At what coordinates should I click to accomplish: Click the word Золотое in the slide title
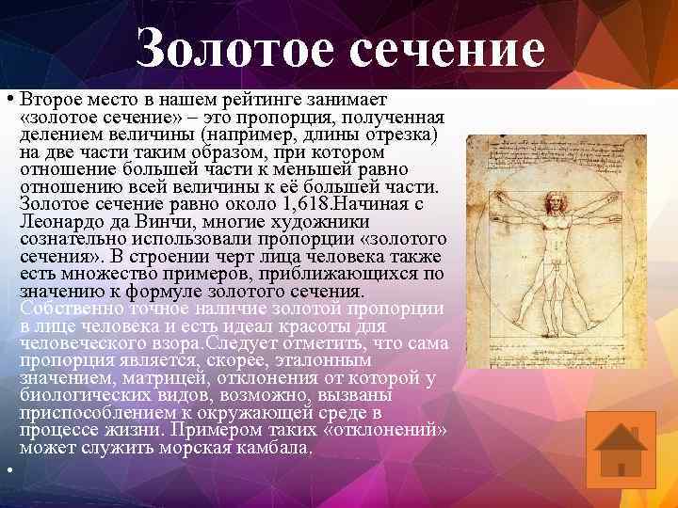pyautogui.click(x=234, y=49)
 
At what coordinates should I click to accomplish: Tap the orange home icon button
pyautogui.click(x=620, y=449)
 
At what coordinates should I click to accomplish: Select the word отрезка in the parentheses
pyautogui.click(x=402, y=135)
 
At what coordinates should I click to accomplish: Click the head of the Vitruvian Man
pyautogui.click(x=556, y=199)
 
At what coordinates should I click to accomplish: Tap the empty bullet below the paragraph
pyautogui.click(x=8, y=468)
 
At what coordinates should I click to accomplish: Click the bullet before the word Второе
pyautogui.click(x=8, y=100)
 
